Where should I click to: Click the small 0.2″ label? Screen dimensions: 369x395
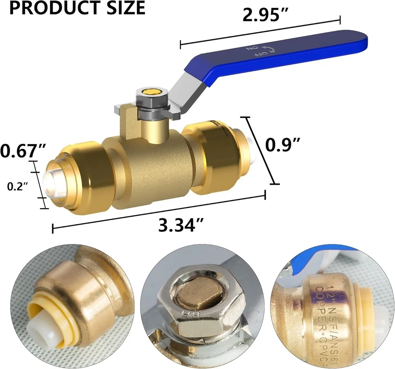tap(18, 186)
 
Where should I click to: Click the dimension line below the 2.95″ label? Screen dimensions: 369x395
tap(260, 31)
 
